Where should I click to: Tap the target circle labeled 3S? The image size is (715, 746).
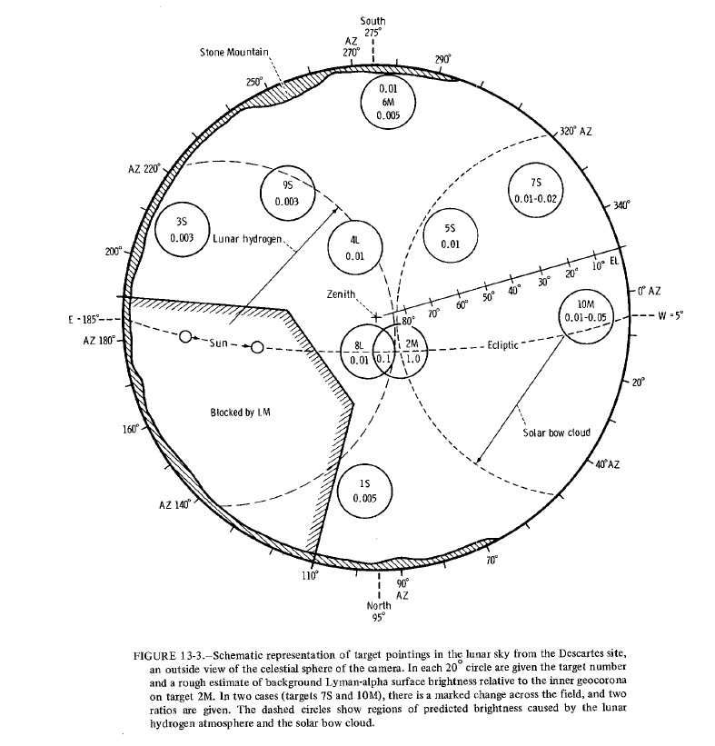point(185,229)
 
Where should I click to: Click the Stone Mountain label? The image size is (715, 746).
point(233,53)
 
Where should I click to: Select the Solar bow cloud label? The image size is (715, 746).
point(557,433)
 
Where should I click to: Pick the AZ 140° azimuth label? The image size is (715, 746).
point(174,505)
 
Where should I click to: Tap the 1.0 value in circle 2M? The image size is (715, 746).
point(412,358)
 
